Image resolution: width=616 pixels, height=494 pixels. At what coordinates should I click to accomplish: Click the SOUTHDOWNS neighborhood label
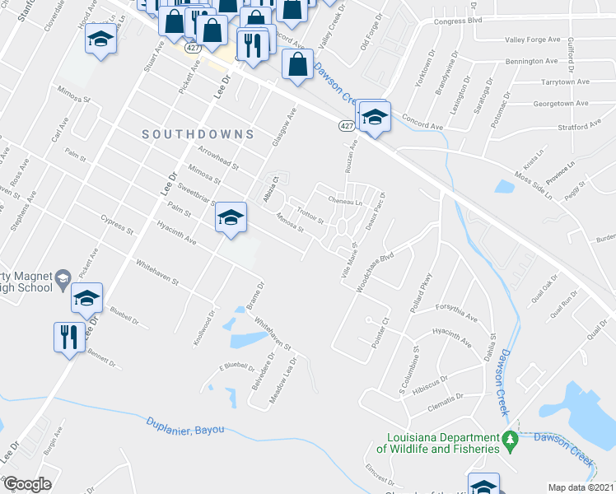(x=197, y=133)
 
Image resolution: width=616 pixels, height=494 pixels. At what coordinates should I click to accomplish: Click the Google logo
(x=26, y=484)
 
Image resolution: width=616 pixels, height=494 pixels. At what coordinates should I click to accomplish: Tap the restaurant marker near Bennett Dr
(x=68, y=336)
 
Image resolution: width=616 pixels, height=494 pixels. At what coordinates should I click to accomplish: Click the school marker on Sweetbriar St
(x=231, y=217)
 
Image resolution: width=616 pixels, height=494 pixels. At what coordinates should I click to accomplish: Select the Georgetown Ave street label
(x=561, y=104)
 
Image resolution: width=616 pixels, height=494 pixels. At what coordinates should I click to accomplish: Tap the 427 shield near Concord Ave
(x=345, y=125)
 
